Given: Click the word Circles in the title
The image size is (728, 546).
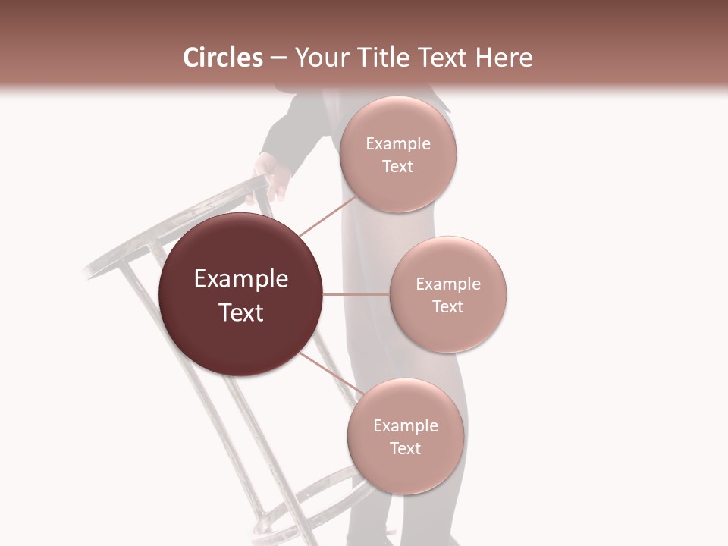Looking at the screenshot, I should click(222, 58).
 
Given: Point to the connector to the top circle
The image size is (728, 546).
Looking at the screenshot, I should click(328, 215).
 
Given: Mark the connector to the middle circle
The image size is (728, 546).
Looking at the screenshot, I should click(356, 294).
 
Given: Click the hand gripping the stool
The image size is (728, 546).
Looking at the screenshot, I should click(271, 176).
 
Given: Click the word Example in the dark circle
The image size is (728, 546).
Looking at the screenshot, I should click(240, 279).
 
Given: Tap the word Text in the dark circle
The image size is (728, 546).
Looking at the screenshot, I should click(240, 312).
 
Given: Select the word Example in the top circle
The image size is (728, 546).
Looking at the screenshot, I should click(397, 144).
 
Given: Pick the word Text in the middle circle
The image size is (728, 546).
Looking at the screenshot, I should click(447, 306).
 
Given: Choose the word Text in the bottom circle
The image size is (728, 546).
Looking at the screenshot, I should click(405, 448).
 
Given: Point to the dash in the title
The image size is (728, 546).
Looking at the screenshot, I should click(278, 58).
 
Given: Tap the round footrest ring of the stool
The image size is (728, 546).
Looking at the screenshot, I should click(318, 500).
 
